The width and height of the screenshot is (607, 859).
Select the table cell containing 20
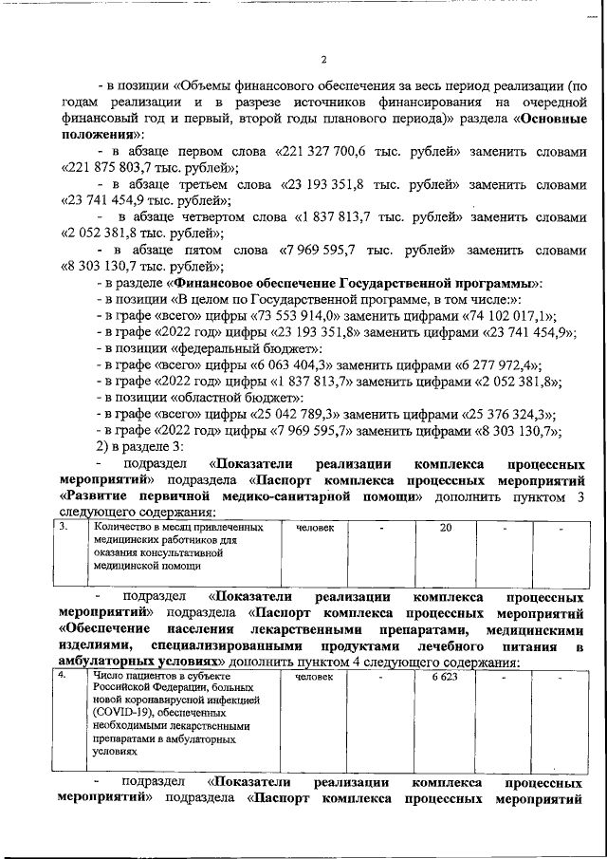point(445,528)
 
